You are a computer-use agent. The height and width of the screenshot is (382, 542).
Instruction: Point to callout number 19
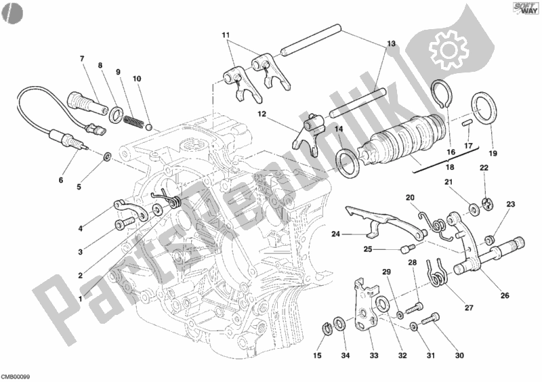tap(493, 154)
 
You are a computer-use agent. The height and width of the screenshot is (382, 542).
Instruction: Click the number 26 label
tap(505, 295)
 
